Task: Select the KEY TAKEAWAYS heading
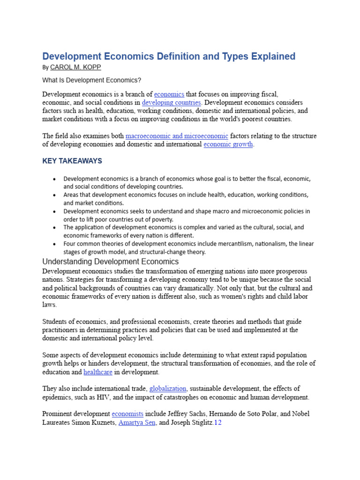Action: (x=72, y=161)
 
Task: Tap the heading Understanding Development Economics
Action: (x=111, y=262)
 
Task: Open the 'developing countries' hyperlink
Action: (x=172, y=102)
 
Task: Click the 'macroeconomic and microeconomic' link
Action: (x=177, y=136)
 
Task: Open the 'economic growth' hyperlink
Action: (x=228, y=144)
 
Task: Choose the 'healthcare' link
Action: (x=98, y=372)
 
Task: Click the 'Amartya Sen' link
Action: (x=136, y=423)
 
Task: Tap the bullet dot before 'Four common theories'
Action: (x=55, y=244)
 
